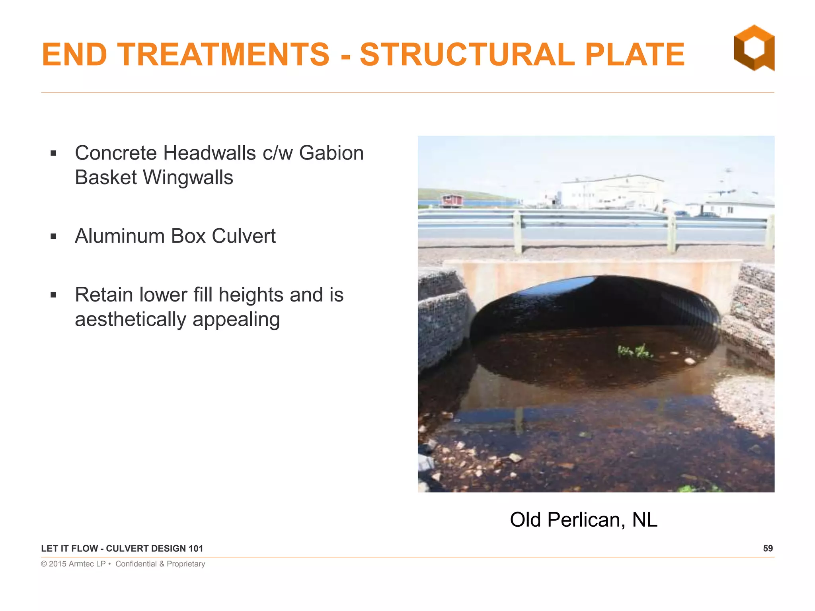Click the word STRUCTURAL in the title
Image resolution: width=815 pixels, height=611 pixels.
coord(467,54)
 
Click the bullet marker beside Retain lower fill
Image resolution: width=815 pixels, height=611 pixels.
coord(54,295)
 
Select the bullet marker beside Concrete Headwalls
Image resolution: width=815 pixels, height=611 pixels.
coord(54,154)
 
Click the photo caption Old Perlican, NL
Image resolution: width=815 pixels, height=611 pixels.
coord(583,520)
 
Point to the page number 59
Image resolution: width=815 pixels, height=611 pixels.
coord(768,549)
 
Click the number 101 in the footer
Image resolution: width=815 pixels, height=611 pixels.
coord(195,549)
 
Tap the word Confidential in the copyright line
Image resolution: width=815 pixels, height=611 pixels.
coord(136,564)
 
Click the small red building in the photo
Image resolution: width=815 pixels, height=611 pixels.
coord(452,200)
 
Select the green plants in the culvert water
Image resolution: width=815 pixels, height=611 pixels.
coord(634,351)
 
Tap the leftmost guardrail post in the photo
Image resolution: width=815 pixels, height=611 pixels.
coord(517,232)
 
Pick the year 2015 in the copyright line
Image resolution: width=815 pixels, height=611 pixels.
coord(57,564)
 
